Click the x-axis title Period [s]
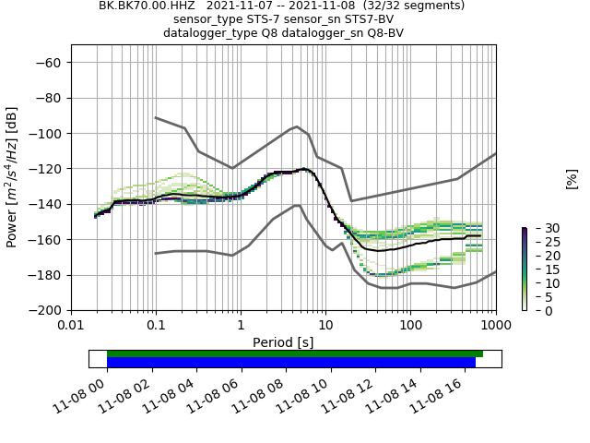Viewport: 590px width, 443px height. [x=283, y=342]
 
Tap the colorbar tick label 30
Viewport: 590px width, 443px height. [x=539, y=228]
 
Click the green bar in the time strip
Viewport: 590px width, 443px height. [x=295, y=353]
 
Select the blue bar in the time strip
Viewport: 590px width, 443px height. [x=291, y=363]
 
